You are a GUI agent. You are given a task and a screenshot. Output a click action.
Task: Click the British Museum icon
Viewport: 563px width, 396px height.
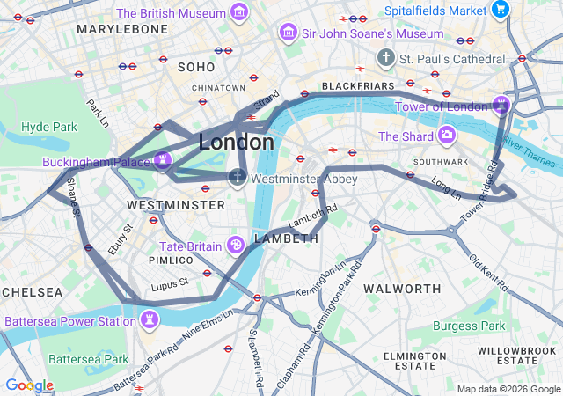[x=238, y=12]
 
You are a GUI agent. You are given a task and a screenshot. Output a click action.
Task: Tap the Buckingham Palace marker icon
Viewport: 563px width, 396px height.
[x=162, y=159]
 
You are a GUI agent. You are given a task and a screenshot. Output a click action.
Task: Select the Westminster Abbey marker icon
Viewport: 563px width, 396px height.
[x=237, y=178]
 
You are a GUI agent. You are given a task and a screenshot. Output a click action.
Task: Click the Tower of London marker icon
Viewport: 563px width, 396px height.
[x=501, y=106]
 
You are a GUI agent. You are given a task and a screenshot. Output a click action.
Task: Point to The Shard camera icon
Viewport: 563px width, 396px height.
[x=447, y=136]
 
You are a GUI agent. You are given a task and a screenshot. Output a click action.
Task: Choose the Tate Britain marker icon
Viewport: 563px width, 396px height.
[x=236, y=245]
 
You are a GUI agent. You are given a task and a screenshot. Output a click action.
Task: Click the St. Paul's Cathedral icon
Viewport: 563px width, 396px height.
[x=385, y=58]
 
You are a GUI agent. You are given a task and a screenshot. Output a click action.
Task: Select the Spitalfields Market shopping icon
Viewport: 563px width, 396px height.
[x=501, y=11]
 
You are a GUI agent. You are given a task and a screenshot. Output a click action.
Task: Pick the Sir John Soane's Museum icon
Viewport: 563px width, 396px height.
[x=287, y=33]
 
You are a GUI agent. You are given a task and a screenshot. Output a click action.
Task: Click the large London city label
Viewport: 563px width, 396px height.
[x=236, y=142]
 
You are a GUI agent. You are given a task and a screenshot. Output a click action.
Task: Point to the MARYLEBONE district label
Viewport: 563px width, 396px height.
[x=121, y=29]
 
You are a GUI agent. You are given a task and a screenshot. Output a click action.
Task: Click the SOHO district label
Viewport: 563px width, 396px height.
[x=195, y=67]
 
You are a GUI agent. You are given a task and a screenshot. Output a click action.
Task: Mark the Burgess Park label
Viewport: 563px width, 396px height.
[x=468, y=326]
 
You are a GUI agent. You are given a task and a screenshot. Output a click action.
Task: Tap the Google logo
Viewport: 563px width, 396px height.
[x=29, y=385]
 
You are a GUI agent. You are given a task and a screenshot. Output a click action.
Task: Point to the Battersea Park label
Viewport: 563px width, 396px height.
[x=88, y=359]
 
